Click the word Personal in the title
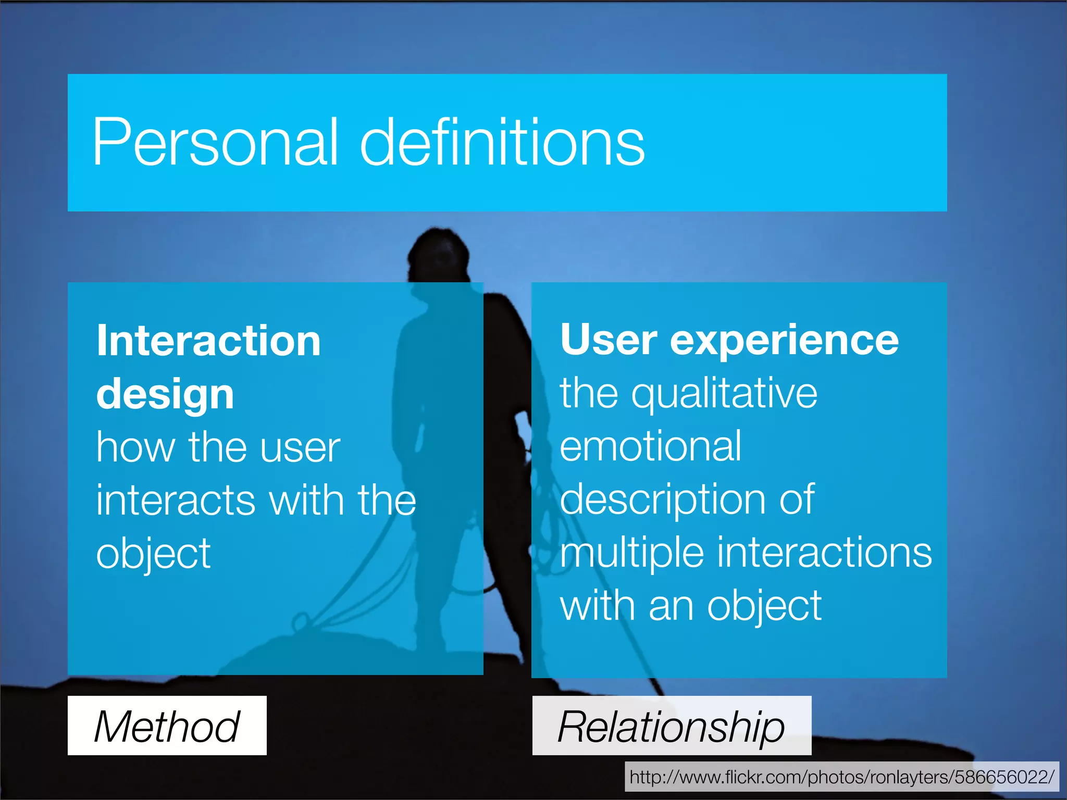tap(215, 142)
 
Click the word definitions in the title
tap(502, 142)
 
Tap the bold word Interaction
tap(208, 341)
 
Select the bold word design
tap(165, 395)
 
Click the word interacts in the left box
tap(176, 500)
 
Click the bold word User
tap(609, 340)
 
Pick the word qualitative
tap(724, 395)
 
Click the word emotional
tap(650, 447)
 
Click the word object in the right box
tap(764, 607)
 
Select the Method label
tap(167, 726)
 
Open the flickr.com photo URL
tap(841, 777)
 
